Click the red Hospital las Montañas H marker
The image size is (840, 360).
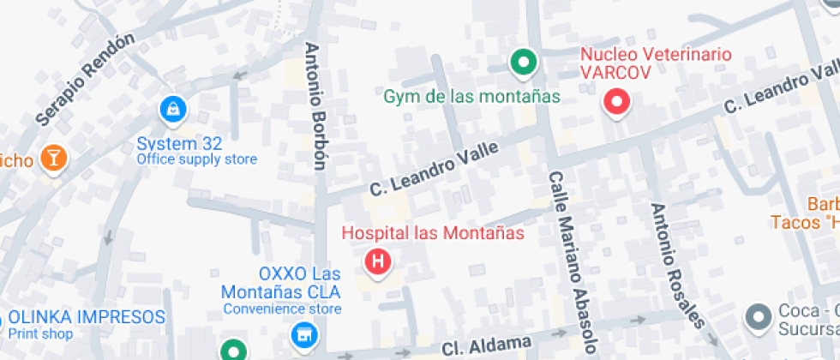[378, 260]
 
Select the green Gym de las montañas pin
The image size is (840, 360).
[523, 62]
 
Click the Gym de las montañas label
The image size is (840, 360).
[471, 96]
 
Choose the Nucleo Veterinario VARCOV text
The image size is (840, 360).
[656, 63]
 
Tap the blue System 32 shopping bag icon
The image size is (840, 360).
[173, 109]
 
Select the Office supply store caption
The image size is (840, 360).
[196, 159]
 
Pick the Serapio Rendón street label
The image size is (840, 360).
[86, 79]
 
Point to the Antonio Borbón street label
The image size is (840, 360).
[315, 105]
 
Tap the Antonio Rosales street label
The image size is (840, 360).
[677, 266]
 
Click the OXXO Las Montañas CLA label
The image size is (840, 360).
[282, 283]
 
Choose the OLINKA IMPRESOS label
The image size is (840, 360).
[86, 317]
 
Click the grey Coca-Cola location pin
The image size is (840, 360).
[758, 316]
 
